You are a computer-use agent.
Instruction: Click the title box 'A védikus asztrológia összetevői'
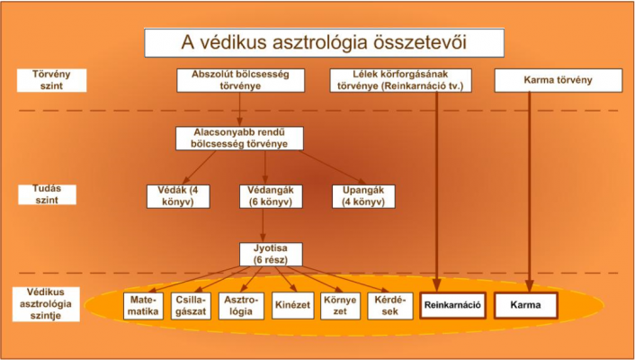pos(324,42)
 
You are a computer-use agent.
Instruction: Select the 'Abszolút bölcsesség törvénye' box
pos(240,80)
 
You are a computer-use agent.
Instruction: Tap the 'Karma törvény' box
pos(558,80)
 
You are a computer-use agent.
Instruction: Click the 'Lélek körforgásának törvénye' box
pos(400,80)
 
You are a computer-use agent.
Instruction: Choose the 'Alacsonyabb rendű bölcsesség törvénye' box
pos(239,139)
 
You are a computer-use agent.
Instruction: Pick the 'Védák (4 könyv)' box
pos(178,196)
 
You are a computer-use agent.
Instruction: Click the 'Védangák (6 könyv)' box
pos(271,196)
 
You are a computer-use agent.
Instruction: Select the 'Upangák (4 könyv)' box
pos(363,196)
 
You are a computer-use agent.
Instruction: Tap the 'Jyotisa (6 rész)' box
pos(271,254)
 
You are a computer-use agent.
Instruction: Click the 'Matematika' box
pos(143,306)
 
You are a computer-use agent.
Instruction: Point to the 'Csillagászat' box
pos(191,306)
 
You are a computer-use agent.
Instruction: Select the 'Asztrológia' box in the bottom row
pos(241,306)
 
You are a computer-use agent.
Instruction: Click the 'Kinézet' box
pos(293,305)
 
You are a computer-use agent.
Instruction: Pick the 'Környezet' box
pos(340,306)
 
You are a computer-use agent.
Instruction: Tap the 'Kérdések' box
pos(390,306)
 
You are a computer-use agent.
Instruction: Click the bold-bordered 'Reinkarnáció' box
pos(452,305)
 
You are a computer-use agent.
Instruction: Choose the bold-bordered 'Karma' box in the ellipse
pos(525,305)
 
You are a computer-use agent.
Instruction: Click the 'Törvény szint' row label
pos(52,80)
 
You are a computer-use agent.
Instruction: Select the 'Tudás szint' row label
pos(47,194)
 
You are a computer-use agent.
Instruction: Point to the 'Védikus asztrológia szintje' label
pos(46,304)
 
